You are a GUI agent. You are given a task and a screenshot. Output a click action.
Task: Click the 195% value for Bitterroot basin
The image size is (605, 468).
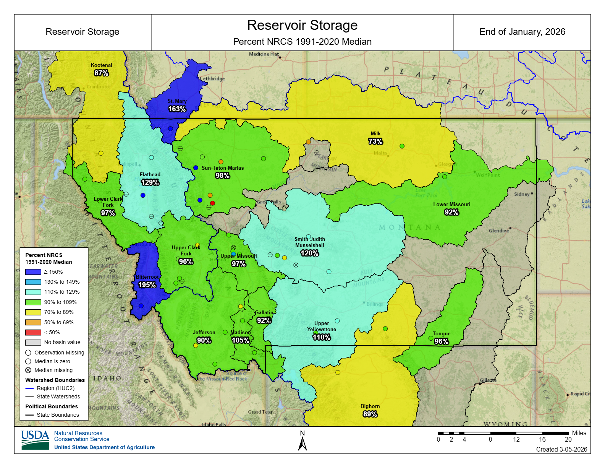pos(147,285)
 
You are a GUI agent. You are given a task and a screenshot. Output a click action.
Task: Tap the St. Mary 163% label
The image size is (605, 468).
pos(177,109)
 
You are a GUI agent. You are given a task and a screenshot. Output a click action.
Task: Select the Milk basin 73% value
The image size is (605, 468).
pos(375,141)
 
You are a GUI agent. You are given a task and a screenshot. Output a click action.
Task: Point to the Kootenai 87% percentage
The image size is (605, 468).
pos(102,73)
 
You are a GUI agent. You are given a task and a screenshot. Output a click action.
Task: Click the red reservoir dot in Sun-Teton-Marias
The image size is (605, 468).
pos(213,203)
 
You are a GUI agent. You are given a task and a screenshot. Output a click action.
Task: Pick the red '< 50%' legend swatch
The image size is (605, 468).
pos(33,332)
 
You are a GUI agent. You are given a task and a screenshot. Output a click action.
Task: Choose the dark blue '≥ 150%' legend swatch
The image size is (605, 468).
pos(33,272)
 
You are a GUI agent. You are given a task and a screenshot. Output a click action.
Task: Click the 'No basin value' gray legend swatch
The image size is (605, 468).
pos(33,342)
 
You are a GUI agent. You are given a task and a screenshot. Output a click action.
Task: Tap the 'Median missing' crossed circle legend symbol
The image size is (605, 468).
pos(28,370)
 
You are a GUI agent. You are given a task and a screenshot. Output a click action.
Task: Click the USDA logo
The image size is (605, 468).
pos(35,440)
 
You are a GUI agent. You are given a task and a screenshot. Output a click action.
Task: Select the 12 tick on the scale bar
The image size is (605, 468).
pos(516,439)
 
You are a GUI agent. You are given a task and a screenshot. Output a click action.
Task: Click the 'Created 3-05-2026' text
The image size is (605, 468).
pos(561,449)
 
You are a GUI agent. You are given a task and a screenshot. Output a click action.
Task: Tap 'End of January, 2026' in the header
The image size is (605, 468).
pos(522,32)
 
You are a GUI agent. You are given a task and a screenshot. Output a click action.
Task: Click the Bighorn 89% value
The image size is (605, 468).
pos(370,414)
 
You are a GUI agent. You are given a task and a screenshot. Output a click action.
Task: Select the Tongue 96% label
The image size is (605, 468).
pos(442,341)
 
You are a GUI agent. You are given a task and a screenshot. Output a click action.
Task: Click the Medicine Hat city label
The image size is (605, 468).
pos(264,54)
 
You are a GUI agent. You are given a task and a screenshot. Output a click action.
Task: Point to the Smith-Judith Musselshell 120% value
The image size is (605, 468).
pos(309,253)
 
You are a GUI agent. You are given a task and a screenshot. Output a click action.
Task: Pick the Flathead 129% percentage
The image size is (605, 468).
pos(150,182)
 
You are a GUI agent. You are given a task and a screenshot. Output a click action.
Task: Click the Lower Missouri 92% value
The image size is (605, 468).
pos(451,212)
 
